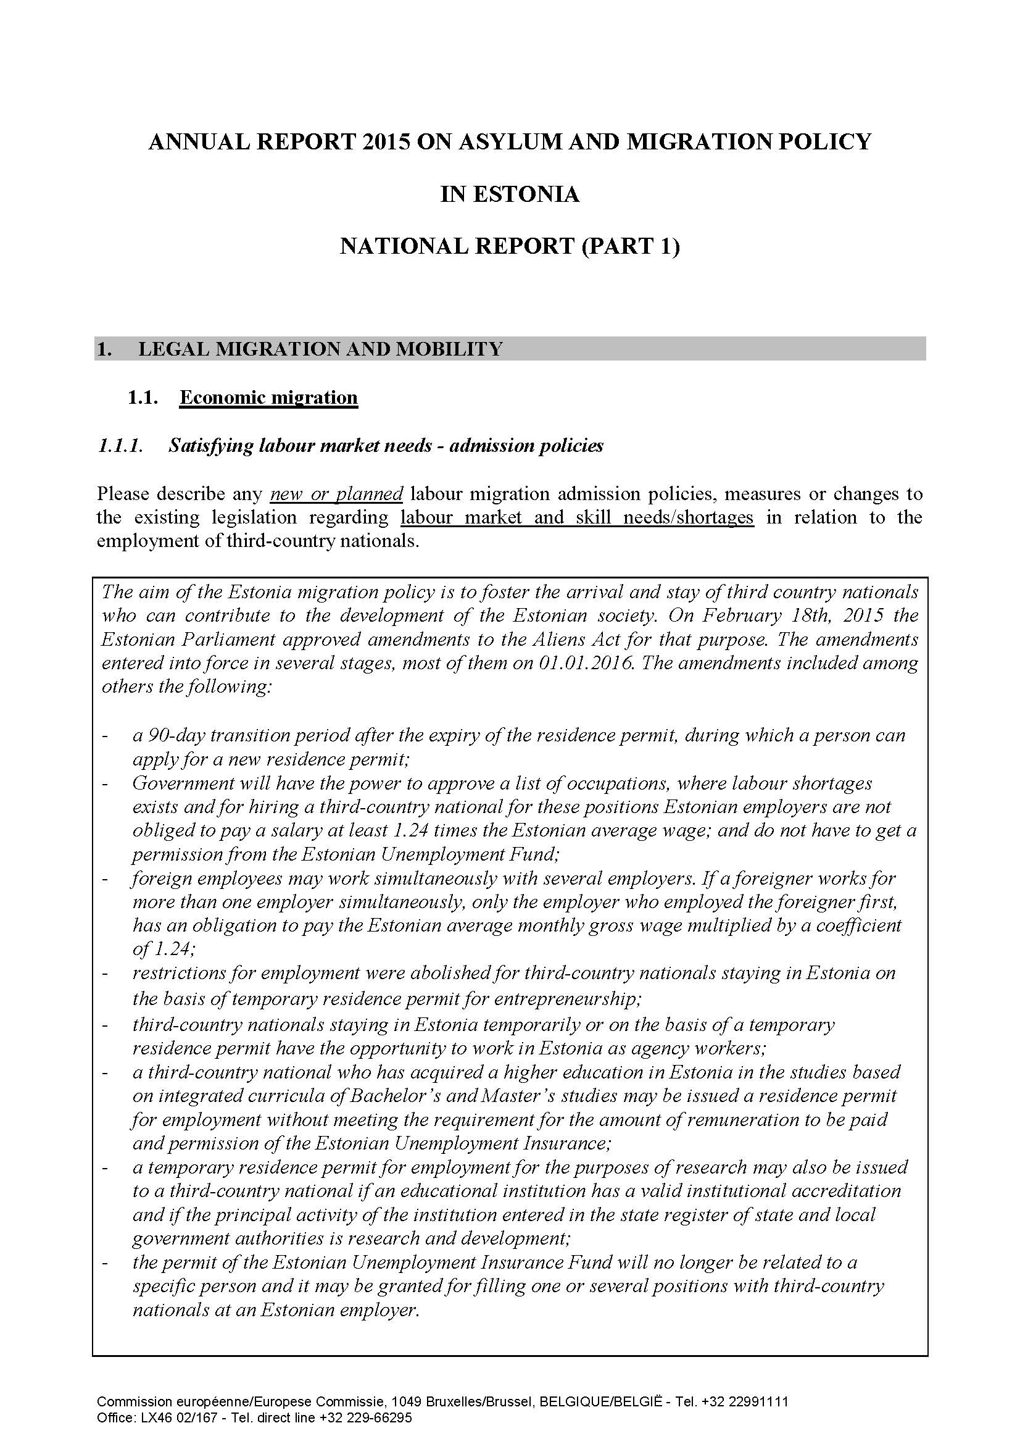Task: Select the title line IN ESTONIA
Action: [x=510, y=194]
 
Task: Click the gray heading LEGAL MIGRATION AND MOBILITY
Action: [x=320, y=349]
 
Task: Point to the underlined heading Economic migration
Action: [x=268, y=398]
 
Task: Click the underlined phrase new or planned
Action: [x=336, y=494]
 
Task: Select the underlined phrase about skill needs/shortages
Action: [x=577, y=517]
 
